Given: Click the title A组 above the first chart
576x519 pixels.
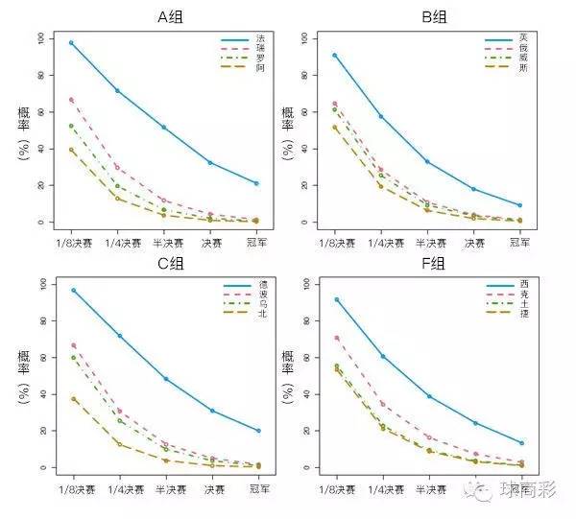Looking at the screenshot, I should coord(171,16).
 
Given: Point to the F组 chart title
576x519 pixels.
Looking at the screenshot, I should coord(433,264).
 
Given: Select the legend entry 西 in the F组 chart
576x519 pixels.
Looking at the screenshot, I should coord(523,286).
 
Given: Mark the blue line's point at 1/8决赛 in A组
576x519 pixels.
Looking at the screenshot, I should coord(72,43).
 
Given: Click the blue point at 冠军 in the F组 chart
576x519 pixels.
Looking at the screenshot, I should coord(521,443).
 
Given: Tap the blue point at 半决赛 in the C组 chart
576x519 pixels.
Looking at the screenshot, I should coord(165,379).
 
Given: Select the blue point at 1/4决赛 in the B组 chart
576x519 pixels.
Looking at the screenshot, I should coord(382,116).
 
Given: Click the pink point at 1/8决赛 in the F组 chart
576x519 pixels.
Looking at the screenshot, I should coord(336,338).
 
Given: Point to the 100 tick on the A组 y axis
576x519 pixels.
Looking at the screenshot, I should coord(39,38).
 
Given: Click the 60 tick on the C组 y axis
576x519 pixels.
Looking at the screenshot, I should coord(39,358).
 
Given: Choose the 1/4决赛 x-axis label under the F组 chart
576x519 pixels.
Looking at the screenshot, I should coord(382,488).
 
